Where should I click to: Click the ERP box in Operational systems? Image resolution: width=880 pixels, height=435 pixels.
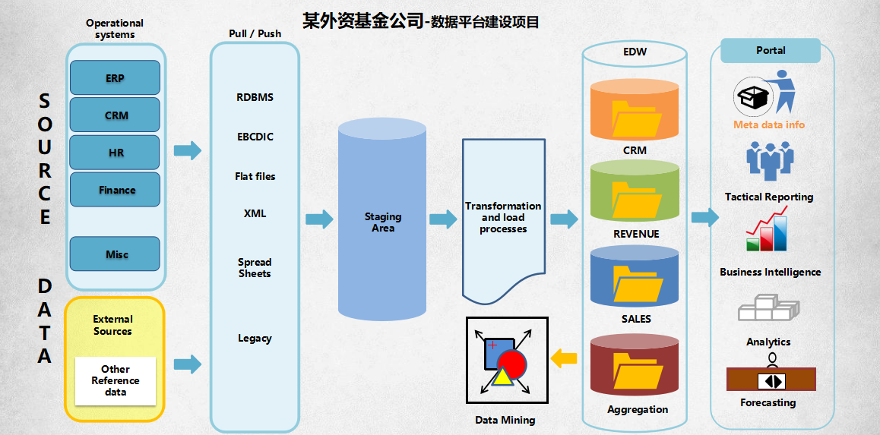[115, 77]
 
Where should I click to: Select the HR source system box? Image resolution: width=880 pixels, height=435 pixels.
[115, 152]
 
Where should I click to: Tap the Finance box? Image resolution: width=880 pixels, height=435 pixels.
[116, 189]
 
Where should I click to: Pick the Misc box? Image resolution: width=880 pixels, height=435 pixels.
[116, 254]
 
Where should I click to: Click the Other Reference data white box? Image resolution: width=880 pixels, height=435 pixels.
[116, 380]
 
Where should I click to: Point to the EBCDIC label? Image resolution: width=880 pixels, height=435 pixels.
[255, 137]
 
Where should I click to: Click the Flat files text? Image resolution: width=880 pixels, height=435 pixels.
[255, 176]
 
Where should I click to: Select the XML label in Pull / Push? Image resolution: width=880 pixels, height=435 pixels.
[255, 213]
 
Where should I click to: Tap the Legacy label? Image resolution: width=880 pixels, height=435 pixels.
[255, 338]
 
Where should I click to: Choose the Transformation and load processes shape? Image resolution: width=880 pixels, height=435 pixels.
[503, 217]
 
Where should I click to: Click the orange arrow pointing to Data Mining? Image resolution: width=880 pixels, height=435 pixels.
[564, 358]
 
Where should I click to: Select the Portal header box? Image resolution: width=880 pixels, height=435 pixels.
[770, 51]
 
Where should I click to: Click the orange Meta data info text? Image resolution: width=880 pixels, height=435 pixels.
[768, 125]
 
